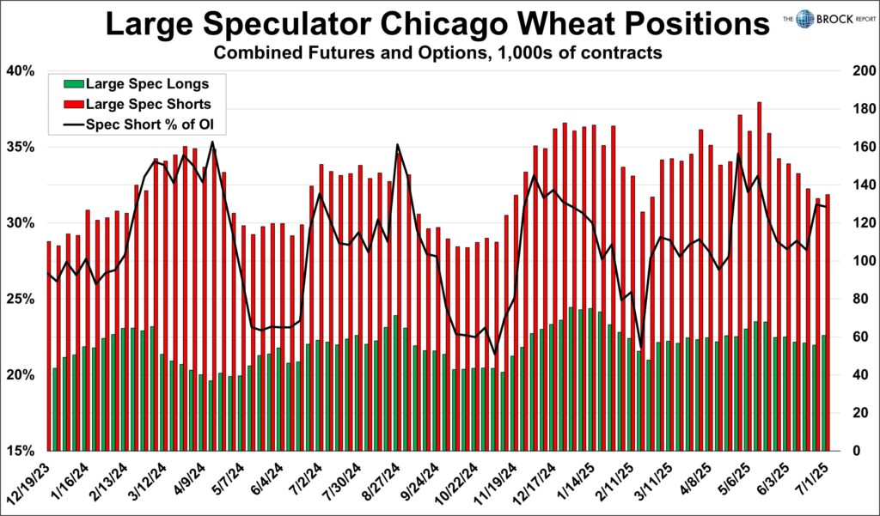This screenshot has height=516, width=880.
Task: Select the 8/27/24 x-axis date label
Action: point(383,481)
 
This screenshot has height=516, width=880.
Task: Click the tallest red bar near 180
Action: point(760,275)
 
